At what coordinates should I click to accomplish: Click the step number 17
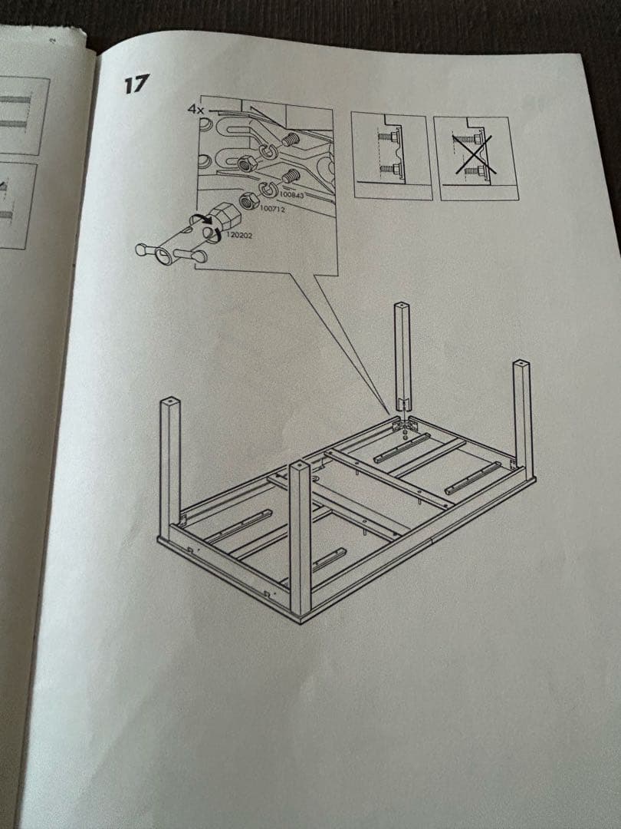[x=136, y=84]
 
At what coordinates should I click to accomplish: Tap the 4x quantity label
[x=195, y=110]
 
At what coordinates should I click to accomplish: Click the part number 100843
[x=292, y=195]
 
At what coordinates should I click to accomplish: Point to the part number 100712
[x=272, y=209]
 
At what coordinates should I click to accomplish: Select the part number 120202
[x=239, y=235]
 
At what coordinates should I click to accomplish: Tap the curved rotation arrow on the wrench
[x=202, y=220]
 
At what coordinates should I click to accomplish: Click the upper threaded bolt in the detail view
[x=288, y=140]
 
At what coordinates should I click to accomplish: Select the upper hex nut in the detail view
[x=245, y=164]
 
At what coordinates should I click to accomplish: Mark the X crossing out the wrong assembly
[x=475, y=154]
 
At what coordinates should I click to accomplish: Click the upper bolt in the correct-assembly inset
[x=388, y=137]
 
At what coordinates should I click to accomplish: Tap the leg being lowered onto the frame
[x=402, y=358]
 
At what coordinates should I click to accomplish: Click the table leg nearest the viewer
[x=300, y=540]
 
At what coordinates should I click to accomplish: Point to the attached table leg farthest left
[x=169, y=469]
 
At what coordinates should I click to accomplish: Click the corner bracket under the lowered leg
[x=403, y=425]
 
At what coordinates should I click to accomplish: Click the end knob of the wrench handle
[x=141, y=249]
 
